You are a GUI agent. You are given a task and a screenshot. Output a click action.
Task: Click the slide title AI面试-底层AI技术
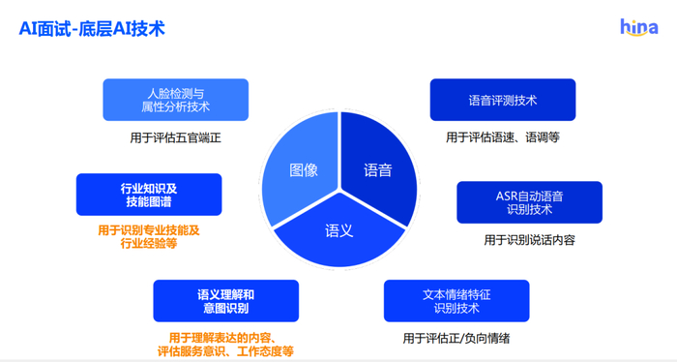click(92, 28)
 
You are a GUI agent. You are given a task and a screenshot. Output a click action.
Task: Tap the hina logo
click(638, 27)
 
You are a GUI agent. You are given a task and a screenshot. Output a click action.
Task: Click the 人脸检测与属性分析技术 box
click(175, 100)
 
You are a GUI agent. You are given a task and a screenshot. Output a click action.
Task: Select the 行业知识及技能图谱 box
click(149, 195)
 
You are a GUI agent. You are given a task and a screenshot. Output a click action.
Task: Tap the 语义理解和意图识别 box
click(225, 301)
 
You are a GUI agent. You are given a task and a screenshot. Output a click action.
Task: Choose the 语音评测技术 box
click(502, 100)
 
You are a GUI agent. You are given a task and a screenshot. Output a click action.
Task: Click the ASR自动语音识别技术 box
click(529, 202)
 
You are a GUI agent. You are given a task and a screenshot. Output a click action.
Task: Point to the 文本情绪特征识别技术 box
click(456, 301)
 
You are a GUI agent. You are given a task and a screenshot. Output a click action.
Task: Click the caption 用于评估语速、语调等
click(502, 137)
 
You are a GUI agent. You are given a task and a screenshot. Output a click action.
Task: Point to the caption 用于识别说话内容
click(529, 240)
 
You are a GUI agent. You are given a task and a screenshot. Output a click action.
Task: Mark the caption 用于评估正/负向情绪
click(456, 339)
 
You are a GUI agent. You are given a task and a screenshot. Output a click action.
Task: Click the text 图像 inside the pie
click(304, 170)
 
